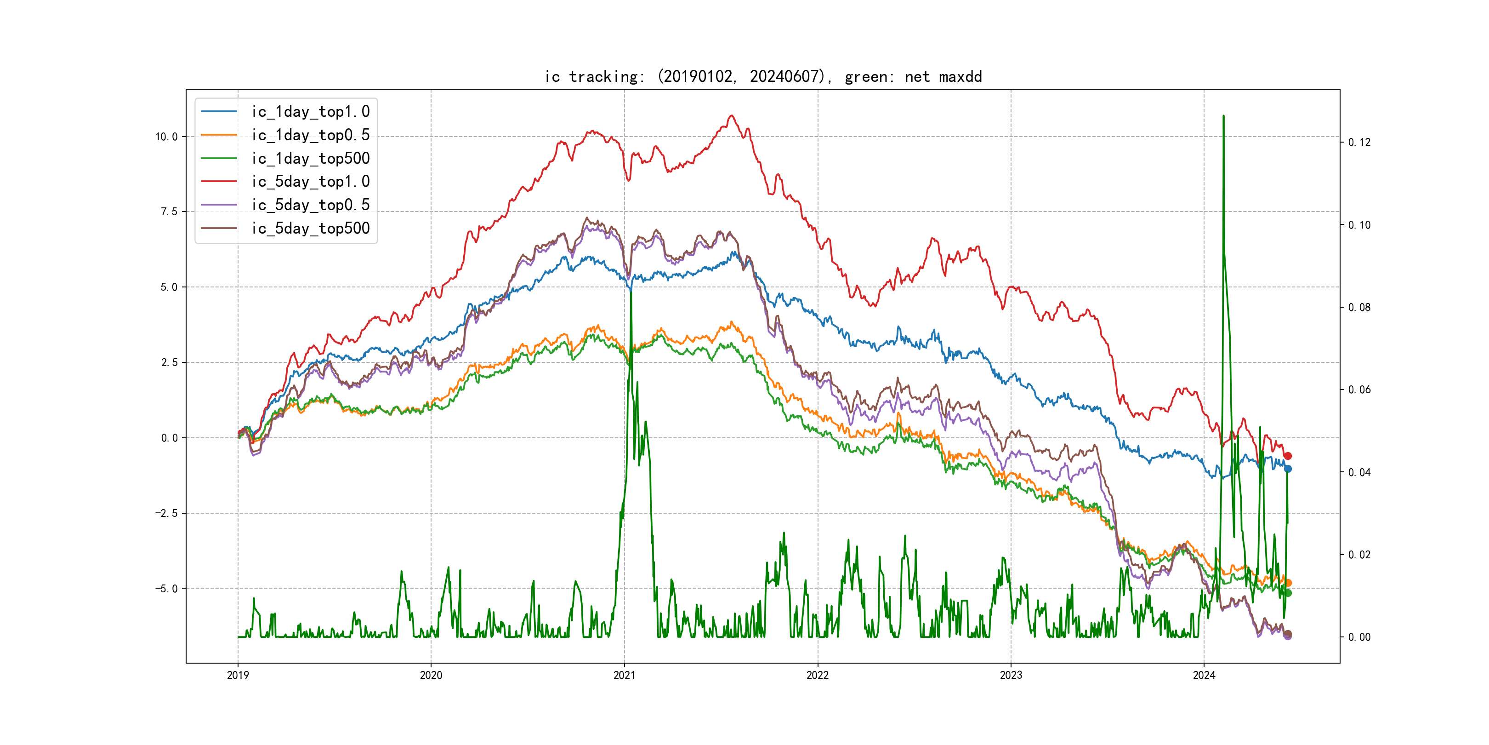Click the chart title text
(763, 76)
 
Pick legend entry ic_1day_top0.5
(310, 135)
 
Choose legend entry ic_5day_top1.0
(310, 182)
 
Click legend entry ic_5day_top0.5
(310, 205)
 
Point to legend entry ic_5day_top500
(310, 229)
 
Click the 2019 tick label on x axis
(238, 675)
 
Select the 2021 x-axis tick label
(624, 675)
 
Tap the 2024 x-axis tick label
(1204, 675)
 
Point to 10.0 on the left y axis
(166, 137)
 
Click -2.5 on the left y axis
(166, 514)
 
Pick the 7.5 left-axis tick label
(169, 212)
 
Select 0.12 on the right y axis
(1359, 142)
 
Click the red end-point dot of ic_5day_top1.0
(1287, 456)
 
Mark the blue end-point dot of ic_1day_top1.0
(1287, 469)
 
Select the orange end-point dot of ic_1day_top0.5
(1287, 583)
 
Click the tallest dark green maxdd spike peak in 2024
(1223, 116)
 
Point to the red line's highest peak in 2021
(732, 116)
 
